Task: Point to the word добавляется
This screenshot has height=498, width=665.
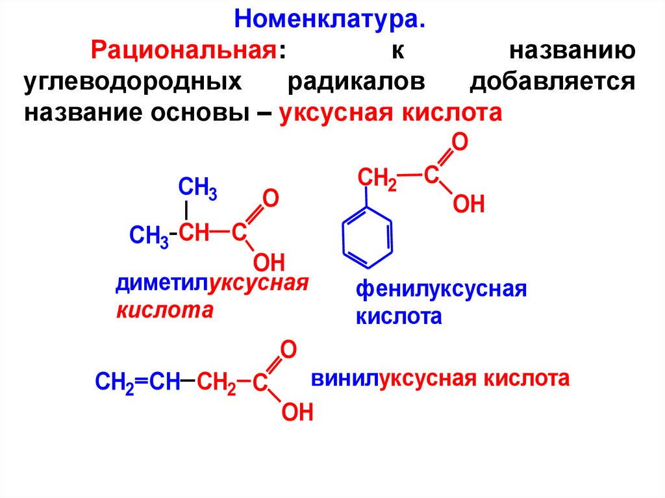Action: point(551,82)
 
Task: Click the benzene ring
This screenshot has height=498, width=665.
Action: point(368,237)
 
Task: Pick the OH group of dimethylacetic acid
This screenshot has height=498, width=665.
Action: point(268,262)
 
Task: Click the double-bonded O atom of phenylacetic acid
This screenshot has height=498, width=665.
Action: point(460,143)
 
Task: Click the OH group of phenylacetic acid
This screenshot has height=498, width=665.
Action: point(468,205)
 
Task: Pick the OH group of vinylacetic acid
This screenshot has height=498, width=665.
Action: point(297,412)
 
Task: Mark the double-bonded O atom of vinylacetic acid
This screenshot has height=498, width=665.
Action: point(288,350)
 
